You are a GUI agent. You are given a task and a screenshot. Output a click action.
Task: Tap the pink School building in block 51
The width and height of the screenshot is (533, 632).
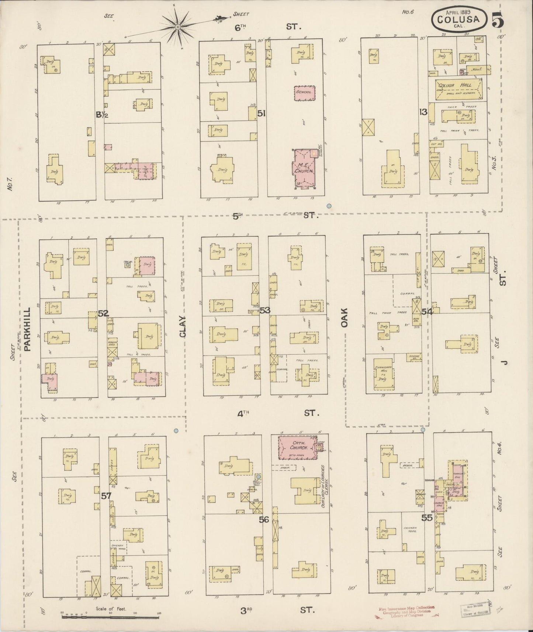click(305, 93)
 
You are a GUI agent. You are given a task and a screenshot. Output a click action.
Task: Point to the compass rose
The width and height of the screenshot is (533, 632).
click(177, 27)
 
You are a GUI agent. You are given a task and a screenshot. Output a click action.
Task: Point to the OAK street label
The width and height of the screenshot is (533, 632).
click(345, 318)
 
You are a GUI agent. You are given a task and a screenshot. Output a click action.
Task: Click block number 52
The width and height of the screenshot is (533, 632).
click(103, 313)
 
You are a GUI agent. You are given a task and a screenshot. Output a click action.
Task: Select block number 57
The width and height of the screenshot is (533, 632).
click(106, 496)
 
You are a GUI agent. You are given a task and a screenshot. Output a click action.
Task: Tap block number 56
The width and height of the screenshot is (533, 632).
click(264, 520)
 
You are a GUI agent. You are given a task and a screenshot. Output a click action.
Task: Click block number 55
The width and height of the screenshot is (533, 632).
click(427, 518)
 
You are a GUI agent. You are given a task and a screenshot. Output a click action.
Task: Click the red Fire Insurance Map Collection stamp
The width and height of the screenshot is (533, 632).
click(406, 611)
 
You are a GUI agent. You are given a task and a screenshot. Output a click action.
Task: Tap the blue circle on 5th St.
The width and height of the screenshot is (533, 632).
click(329, 206)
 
